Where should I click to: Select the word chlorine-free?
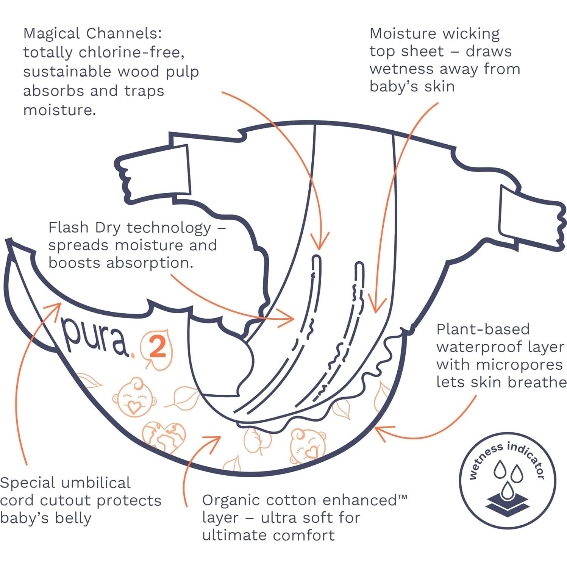pyautogui.click(x=131, y=52)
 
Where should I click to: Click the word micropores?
pyautogui.click(x=519, y=364)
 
